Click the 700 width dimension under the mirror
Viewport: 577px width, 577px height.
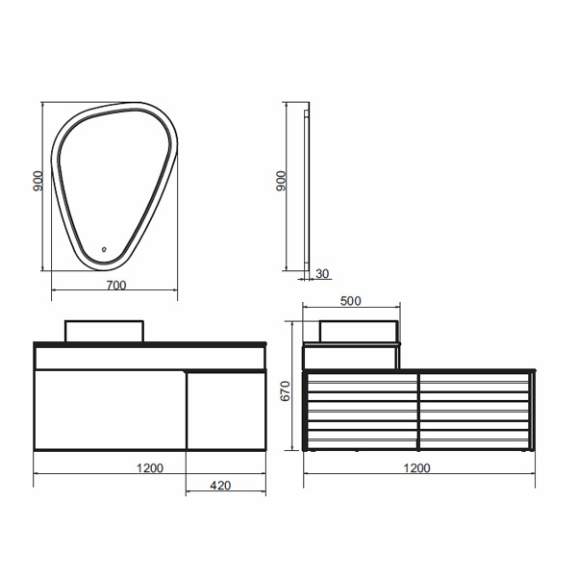(x=116, y=286)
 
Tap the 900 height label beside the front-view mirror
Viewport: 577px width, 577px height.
(x=38, y=181)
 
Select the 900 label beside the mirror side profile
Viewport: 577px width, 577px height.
(x=281, y=181)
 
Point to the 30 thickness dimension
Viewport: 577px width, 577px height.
(x=322, y=274)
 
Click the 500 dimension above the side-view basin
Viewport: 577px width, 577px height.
(x=351, y=301)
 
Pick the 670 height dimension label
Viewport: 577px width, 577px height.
(x=286, y=390)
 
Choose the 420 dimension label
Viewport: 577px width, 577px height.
(x=220, y=486)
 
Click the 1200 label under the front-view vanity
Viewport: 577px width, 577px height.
(x=150, y=468)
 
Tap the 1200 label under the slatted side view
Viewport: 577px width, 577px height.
(x=417, y=468)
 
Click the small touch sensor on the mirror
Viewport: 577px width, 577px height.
(x=104, y=249)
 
